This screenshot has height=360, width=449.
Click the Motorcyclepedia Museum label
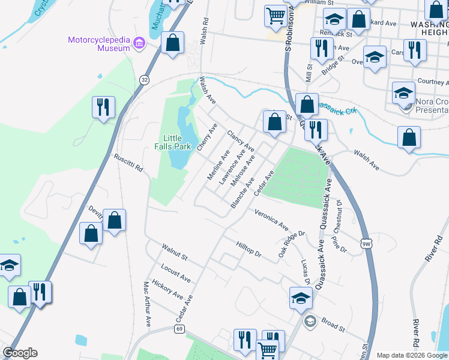(99, 41)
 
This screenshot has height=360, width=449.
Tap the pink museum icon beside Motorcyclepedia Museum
(139, 42)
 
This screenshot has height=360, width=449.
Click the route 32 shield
(144, 79)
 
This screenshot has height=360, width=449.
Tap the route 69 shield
(179, 329)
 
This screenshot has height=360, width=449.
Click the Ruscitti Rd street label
(128, 163)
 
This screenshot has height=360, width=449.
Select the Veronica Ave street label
(272, 220)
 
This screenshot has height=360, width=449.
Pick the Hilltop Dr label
(249, 250)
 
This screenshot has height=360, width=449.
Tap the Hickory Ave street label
(167, 289)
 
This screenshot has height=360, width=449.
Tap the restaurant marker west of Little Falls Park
(103, 107)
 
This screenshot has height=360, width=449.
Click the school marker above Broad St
(301, 297)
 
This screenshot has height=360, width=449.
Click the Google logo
(20, 353)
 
